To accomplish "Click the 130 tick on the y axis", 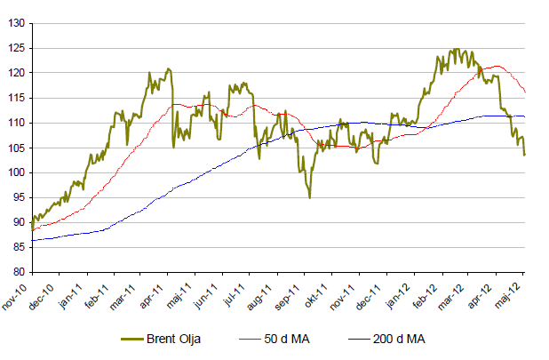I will tap(17, 23).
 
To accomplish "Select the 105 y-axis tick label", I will tap(17, 148).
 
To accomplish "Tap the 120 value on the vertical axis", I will tap(17, 73).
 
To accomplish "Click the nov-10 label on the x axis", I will tap(18, 292).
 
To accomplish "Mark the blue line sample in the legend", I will tap(357, 339).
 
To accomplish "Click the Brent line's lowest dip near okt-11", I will tap(309, 197).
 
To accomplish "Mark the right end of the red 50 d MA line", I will tap(525, 92).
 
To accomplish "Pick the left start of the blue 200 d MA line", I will tap(31, 240).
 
